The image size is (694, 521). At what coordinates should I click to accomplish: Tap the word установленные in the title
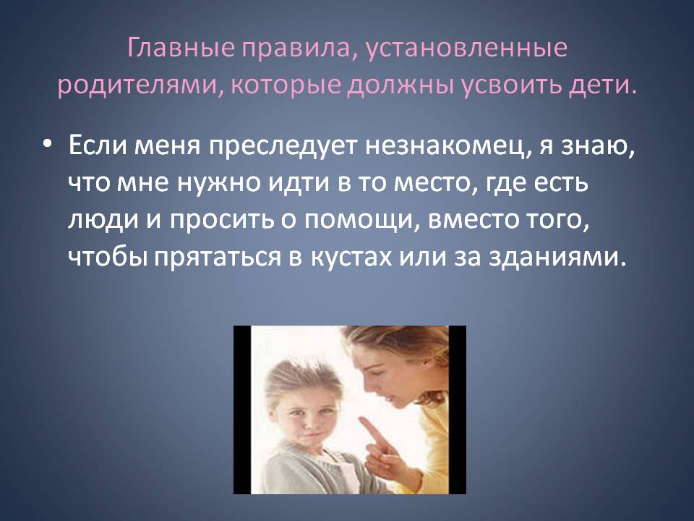click(466, 49)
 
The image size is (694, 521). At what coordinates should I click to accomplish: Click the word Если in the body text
click(98, 145)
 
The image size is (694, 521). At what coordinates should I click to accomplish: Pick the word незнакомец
click(447, 145)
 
